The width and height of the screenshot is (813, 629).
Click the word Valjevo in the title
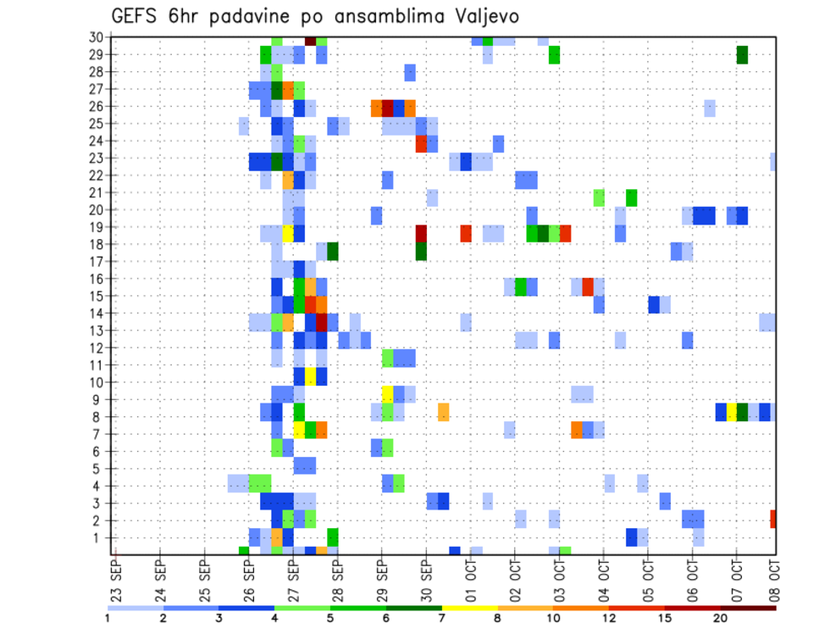point(481,17)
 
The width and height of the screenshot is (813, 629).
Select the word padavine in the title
point(240,17)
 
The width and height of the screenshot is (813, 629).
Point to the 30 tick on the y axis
point(96,37)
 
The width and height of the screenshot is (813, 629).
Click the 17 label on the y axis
point(96,262)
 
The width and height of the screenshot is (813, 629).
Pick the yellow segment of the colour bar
point(470,607)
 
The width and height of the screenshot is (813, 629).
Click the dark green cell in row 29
point(742,55)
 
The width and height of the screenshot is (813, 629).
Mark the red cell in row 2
point(773,519)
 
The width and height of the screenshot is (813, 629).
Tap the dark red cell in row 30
point(311,41)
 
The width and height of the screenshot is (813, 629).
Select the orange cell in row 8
point(443,412)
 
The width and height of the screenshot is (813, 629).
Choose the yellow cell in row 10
point(311,376)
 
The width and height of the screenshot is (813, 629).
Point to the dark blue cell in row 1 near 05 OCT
point(631,537)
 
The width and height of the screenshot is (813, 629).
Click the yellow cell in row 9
point(388,394)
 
